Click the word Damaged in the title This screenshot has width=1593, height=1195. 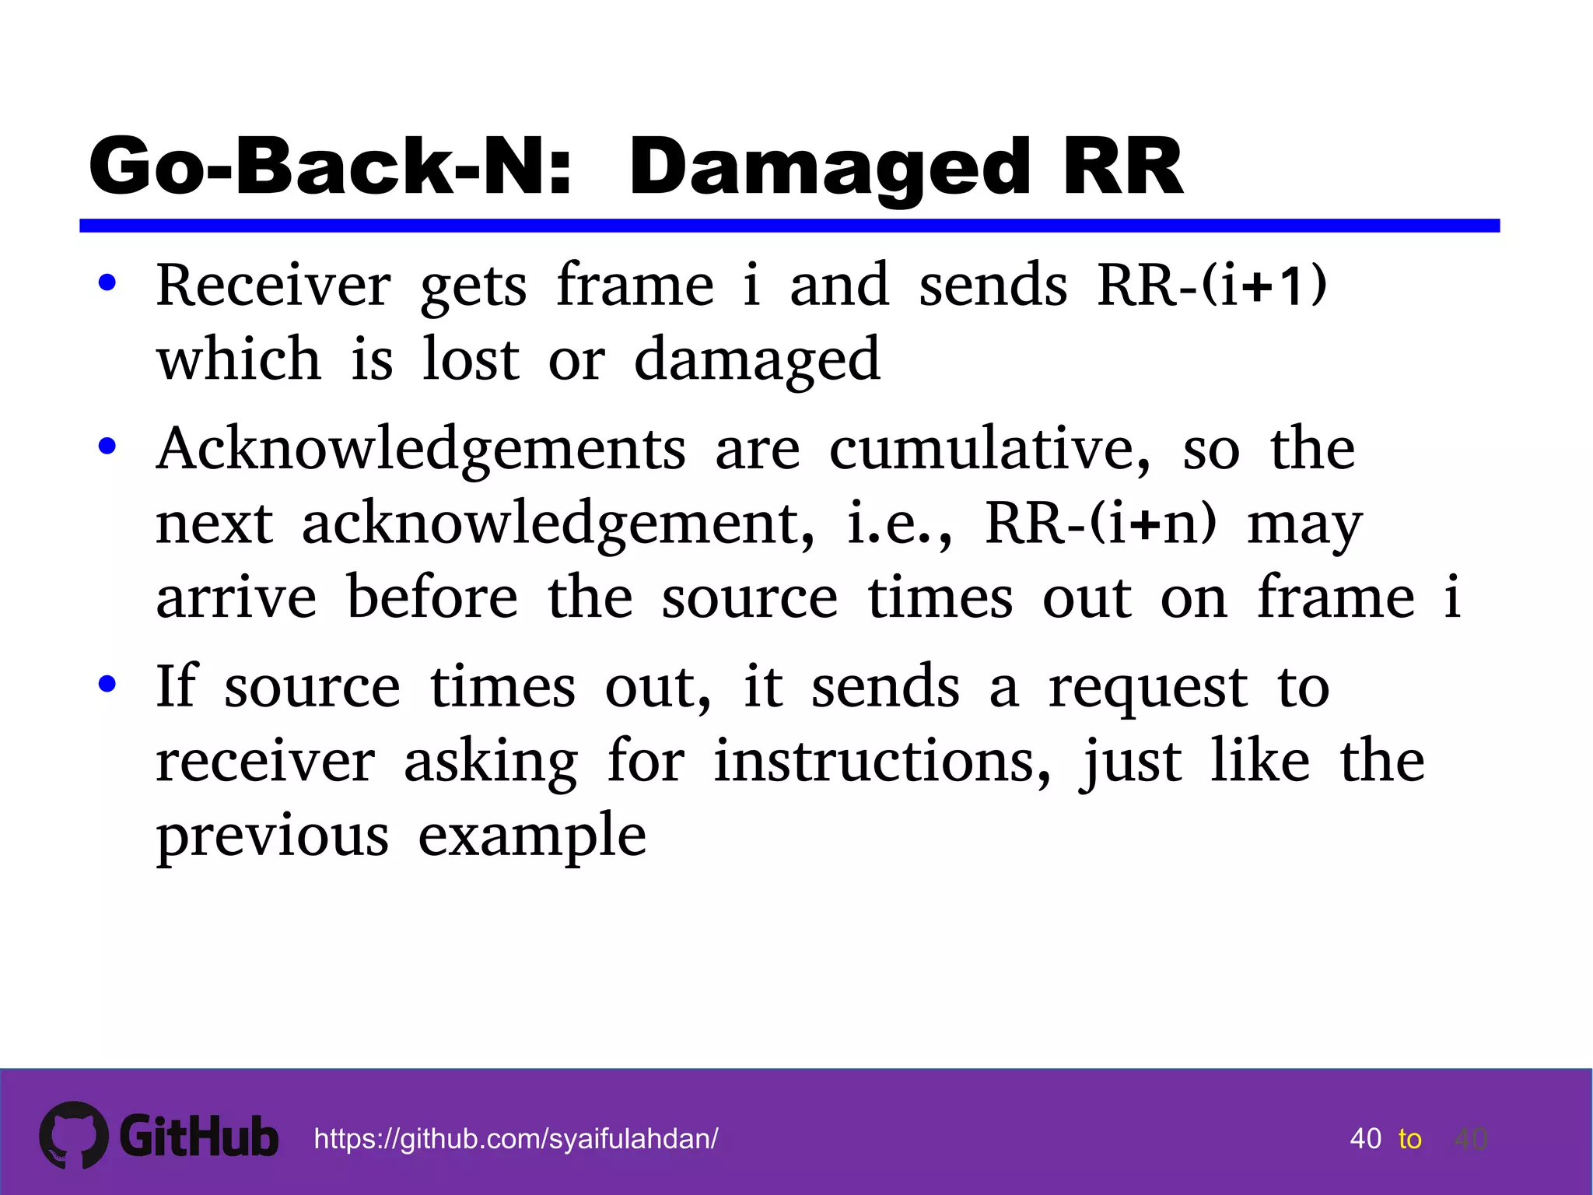pos(829,167)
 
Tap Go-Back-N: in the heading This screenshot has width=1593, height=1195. pos(331,166)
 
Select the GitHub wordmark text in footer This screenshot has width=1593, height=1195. pos(199,1137)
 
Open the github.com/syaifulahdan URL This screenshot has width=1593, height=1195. pos(516,1139)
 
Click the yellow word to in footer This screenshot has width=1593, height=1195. pos(1409,1139)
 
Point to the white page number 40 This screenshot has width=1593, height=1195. pos(1365,1139)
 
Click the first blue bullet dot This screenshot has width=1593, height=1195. pos(107,283)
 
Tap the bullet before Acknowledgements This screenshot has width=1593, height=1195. pos(107,447)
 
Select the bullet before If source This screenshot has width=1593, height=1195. pos(107,685)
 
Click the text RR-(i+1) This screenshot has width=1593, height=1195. pos(1211,286)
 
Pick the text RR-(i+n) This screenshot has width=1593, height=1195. pos(1100,524)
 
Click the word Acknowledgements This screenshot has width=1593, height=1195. pos(421,450)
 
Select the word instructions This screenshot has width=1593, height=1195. pos(882,761)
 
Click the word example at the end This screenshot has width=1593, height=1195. pos(532,836)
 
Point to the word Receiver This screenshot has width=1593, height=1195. pos(273,286)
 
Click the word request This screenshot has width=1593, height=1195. pos(1148,688)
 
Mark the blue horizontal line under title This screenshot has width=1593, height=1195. pos(789,226)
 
